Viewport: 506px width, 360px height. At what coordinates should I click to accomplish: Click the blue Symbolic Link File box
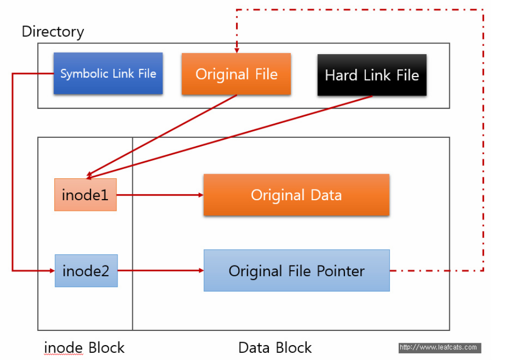coord(108,74)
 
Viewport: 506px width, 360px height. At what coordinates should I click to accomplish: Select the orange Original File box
coord(236,74)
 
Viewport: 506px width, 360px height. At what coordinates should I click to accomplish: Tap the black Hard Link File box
coord(372,75)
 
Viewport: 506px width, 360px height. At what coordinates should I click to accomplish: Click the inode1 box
coord(85,195)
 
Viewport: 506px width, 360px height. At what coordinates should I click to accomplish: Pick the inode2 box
coord(86,271)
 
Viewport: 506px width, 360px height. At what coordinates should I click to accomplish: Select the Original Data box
coord(296,195)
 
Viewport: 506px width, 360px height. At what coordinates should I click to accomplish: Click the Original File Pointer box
coord(296,271)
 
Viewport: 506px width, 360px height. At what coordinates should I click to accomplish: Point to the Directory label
coord(53,32)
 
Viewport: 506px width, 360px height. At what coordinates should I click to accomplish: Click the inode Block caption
coord(84,348)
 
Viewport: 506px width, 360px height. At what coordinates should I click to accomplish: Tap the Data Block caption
coord(275,348)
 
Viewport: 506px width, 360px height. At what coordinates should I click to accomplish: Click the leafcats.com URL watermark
coord(440,347)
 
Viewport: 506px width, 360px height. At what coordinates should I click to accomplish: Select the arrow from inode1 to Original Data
coord(160,195)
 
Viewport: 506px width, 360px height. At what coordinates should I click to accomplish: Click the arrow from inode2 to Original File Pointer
coord(160,271)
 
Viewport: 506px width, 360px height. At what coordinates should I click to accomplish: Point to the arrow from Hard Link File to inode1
coord(229,137)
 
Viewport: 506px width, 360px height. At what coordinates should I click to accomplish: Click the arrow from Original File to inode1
coord(162,135)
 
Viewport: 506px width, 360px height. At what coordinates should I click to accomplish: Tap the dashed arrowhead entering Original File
coord(237,51)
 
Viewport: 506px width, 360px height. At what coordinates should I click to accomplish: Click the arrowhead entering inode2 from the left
coord(52,271)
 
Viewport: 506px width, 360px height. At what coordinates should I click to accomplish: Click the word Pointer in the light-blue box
coord(340,271)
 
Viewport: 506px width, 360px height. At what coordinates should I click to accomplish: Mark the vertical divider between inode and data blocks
coord(132,234)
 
